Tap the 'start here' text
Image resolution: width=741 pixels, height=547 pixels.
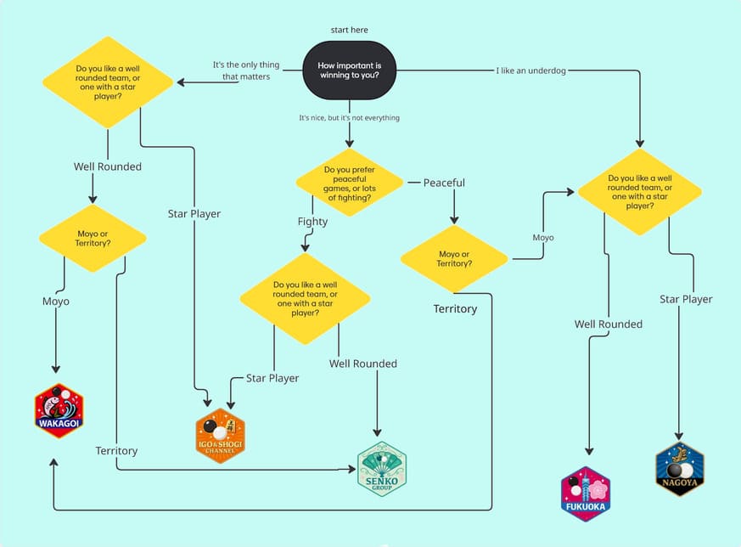(x=349, y=31)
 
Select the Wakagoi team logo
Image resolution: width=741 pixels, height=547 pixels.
(x=59, y=410)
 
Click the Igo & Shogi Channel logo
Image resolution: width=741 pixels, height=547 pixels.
(x=220, y=435)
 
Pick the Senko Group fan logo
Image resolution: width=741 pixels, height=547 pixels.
(x=381, y=469)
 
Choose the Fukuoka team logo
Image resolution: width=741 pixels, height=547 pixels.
(x=586, y=493)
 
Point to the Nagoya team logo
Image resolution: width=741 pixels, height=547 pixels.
(x=679, y=469)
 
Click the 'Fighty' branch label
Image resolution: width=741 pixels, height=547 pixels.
(x=312, y=222)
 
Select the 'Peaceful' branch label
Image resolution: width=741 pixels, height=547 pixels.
(x=444, y=183)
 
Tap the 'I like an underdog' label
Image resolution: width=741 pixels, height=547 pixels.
(x=531, y=70)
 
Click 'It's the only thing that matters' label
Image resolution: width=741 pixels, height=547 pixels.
(x=241, y=70)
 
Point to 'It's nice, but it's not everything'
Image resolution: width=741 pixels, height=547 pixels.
(x=349, y=117)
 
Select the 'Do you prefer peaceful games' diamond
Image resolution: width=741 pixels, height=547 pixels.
(x=349, y=182)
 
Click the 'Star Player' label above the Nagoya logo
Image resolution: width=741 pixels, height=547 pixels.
(x=686, y=299)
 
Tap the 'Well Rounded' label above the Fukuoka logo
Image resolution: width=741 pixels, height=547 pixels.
(x=608, y=324)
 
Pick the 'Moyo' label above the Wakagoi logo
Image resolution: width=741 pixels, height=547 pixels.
(x=56, y=302)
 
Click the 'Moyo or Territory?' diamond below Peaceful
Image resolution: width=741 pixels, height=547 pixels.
(x=453, y=258)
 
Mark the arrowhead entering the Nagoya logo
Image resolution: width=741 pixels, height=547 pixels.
(x=679, y=435)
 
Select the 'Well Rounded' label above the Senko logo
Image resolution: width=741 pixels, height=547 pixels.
(x=362, y=364)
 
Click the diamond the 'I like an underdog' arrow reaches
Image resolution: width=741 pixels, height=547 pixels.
(x=640, y=192)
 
